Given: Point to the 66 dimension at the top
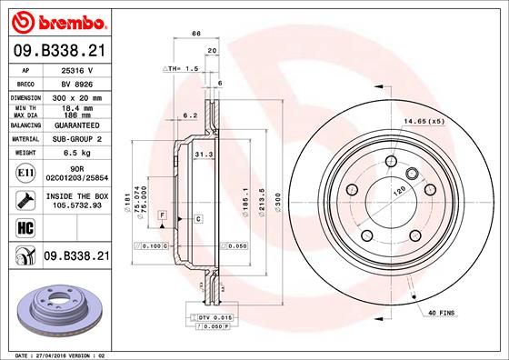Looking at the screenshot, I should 195,34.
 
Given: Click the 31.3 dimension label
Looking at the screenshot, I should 204,156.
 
